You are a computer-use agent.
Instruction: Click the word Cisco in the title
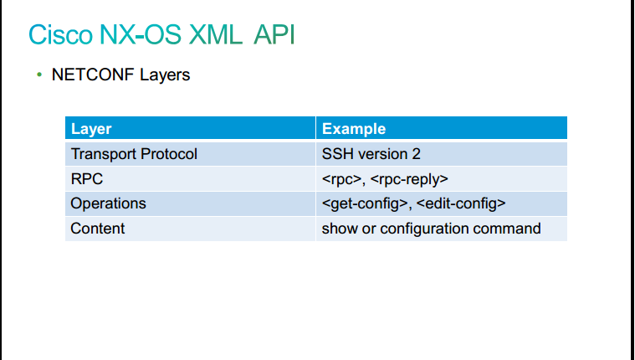click(x=60, y=35)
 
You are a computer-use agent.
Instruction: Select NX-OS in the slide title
click(x=140, y=35)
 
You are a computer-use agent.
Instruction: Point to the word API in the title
click(x=274, y=35)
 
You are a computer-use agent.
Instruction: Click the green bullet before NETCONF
click(x=39, y=75)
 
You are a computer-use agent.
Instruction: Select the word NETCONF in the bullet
click(x=93, y=75)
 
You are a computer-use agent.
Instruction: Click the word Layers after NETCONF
click(x=165, y=75)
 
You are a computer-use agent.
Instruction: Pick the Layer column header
click(x=91, y=129)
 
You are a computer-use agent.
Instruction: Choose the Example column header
click(x=354, y=129)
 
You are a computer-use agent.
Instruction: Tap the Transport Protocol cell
click(x=134, y=154)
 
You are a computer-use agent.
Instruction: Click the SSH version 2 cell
click(x=371, y=154)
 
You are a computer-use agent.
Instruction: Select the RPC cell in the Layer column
click(x=87, y=179)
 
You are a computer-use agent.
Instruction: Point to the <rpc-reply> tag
click(x=409, y=179)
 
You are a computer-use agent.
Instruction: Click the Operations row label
click(x=108, y=203)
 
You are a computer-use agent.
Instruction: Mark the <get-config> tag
click(x=365, y=203)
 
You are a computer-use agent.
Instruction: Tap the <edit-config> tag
click(x=461, y=203)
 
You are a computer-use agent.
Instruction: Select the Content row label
click(x=98, y=229)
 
